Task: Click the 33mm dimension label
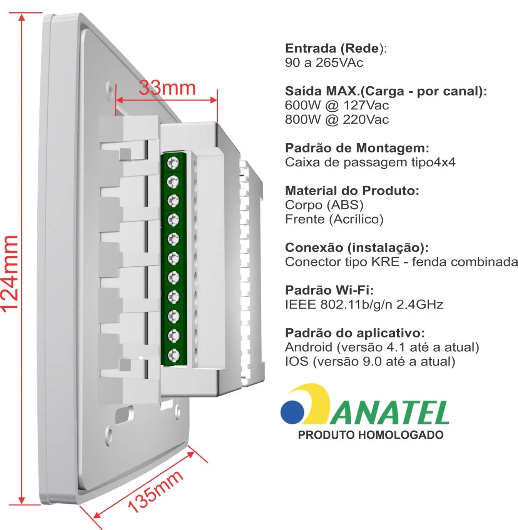coord(167,88)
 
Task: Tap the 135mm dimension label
coord(155,492)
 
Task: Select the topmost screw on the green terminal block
coord(174,163)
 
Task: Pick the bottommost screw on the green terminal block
coord(174,354)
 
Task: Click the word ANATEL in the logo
coord(389,412)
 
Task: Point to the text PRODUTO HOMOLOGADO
coord(371,435)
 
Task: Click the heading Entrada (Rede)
coord(336,48)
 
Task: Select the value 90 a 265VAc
coord(324,62)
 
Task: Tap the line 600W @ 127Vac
coord(337,105)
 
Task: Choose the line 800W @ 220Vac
coord(337,119)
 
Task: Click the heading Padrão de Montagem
coord(357,148)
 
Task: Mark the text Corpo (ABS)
coord(324,205)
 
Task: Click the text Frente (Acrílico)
coord(334,219)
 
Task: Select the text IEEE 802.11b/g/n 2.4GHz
coord(364,305)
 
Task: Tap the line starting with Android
coord(382,347)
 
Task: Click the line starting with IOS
coord(370,361)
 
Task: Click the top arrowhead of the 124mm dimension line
coord(22,17)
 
